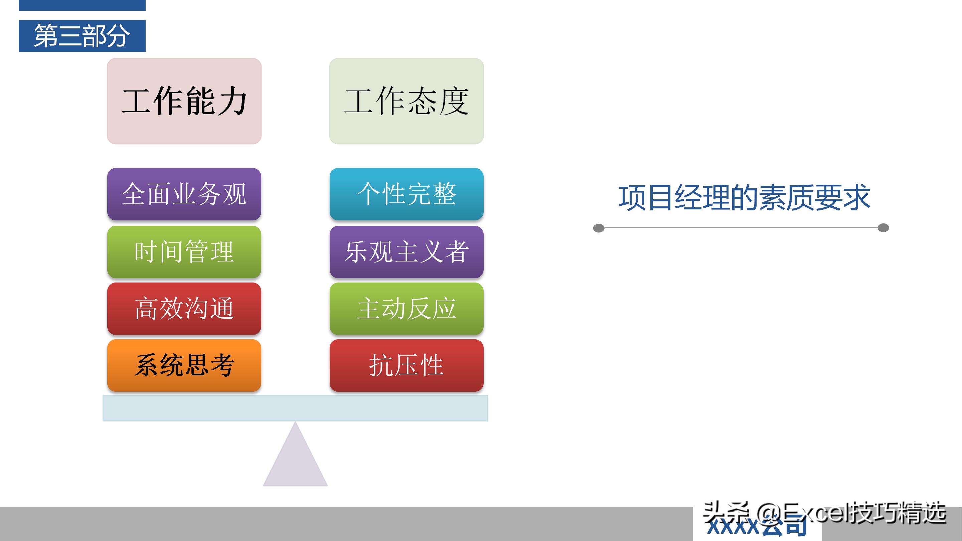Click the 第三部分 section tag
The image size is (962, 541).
[82, 36]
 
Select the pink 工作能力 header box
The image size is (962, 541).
[184, 101]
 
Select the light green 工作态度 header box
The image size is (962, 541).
[406, 101]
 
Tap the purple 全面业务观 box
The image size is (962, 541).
[184, 194]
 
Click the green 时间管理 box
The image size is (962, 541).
[184, 252]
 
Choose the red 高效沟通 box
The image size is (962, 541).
[184, 308]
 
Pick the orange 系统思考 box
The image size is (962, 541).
[184, 365]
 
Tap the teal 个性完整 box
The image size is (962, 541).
[406, 194]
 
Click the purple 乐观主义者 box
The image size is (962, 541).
[406, 252]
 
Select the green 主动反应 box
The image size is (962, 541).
[406, 308]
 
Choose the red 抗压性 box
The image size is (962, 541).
[406, 365]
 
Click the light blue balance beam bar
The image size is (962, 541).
[295, 408]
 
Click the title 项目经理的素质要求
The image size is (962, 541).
[744, 197]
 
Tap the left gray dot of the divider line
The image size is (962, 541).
[599, 228]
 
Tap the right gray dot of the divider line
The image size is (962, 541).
[883, 228]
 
